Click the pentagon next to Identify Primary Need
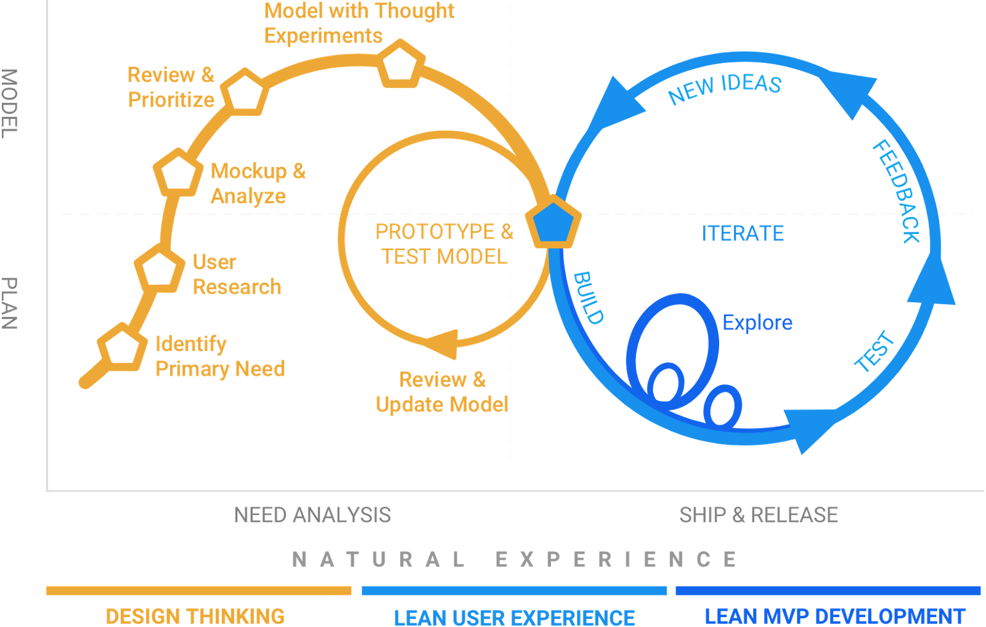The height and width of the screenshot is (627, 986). coord(122,347)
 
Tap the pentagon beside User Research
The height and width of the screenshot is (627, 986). coord(160,270)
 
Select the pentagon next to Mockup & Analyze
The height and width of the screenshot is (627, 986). coord(178,173)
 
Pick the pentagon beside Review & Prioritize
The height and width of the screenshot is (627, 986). coord(245,93)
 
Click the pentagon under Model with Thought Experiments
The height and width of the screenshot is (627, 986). coord(401,64)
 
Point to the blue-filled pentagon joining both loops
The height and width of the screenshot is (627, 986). coord(553,222)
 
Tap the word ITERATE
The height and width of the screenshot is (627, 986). coord(743,233)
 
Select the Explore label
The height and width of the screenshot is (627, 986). coord(757,323)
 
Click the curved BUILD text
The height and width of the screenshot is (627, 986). coord(589,297)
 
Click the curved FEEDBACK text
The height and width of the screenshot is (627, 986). coord(897,191)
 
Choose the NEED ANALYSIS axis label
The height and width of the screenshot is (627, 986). coord(312,515)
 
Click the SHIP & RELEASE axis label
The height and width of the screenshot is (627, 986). coord(759,515)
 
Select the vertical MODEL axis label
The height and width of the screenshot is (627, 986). coord(9,103)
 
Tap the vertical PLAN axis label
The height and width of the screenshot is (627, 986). coord(9,304)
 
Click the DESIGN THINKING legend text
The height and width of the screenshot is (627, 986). coord(195,616)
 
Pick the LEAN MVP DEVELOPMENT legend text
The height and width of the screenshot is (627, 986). coord(834,616)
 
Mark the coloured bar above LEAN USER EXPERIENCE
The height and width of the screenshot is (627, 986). coord(514,591)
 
